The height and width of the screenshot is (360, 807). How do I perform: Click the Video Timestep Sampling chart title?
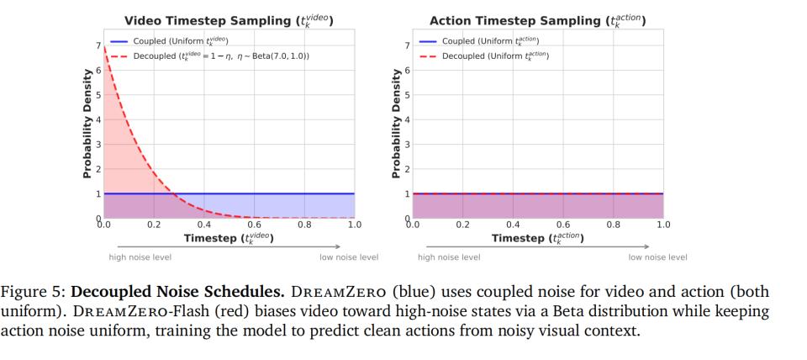coord(229,20)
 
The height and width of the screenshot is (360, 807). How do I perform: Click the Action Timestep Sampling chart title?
coord(538,20)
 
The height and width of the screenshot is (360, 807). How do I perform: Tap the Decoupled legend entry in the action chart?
coord(495,56)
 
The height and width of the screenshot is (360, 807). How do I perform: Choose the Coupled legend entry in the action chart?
coord(490,40)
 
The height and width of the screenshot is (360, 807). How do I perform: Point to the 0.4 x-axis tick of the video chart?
coord(204,225)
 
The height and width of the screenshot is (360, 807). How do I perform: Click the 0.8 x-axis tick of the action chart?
coord(614,225)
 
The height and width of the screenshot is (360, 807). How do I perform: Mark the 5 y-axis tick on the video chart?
coord(98,95)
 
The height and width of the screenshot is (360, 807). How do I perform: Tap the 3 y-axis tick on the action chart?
coord(407,145)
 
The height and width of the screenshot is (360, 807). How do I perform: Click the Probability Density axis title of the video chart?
coord(87,123)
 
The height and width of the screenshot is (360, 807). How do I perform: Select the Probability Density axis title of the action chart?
coord(396,123)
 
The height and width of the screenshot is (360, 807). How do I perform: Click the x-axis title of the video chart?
coord(229,239)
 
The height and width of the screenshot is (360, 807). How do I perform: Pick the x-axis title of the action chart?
coord(538,239)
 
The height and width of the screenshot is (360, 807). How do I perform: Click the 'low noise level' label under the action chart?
coord(658,257)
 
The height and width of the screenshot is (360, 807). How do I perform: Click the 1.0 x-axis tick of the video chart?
coord(355,225)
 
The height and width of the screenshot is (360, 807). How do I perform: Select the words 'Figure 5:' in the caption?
coord(34,293)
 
